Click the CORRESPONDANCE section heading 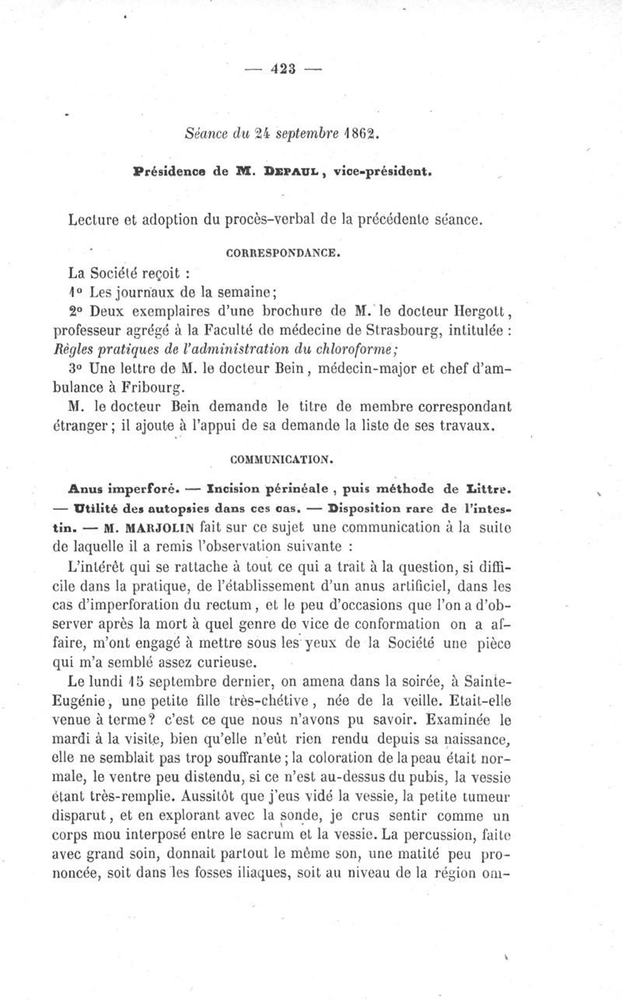click(x=282, y=253)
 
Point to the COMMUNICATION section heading click(x=282, y=459)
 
